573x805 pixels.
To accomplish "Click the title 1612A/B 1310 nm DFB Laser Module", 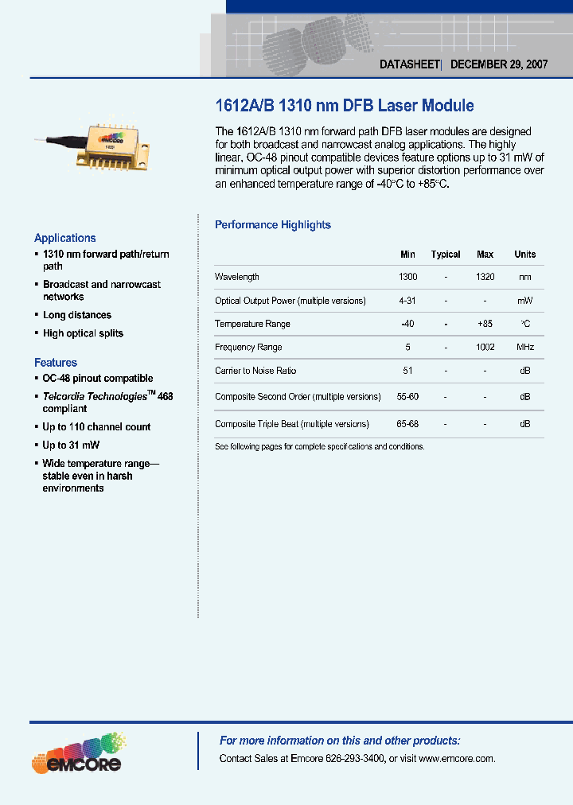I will coord(345,105).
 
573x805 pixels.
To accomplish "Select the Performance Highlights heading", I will coord(273,225).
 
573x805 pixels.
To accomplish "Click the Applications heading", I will coord(65,238).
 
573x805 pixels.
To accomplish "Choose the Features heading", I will coord(56,363).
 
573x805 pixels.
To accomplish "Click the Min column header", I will coord(407,255).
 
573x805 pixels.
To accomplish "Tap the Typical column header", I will coord(446,255).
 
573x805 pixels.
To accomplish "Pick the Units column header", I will coord(525,255).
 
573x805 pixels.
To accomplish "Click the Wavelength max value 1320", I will coord(485,277).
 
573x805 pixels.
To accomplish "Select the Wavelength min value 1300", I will coord(407,277).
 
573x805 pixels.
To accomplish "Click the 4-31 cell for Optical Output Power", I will coord(407,301).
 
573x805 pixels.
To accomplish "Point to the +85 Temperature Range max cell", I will coord(485,324).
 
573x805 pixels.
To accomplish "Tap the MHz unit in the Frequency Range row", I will coord(525,348).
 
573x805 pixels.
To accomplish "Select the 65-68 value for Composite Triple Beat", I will coord(407,424).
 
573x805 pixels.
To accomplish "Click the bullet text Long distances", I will coord(77,316).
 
